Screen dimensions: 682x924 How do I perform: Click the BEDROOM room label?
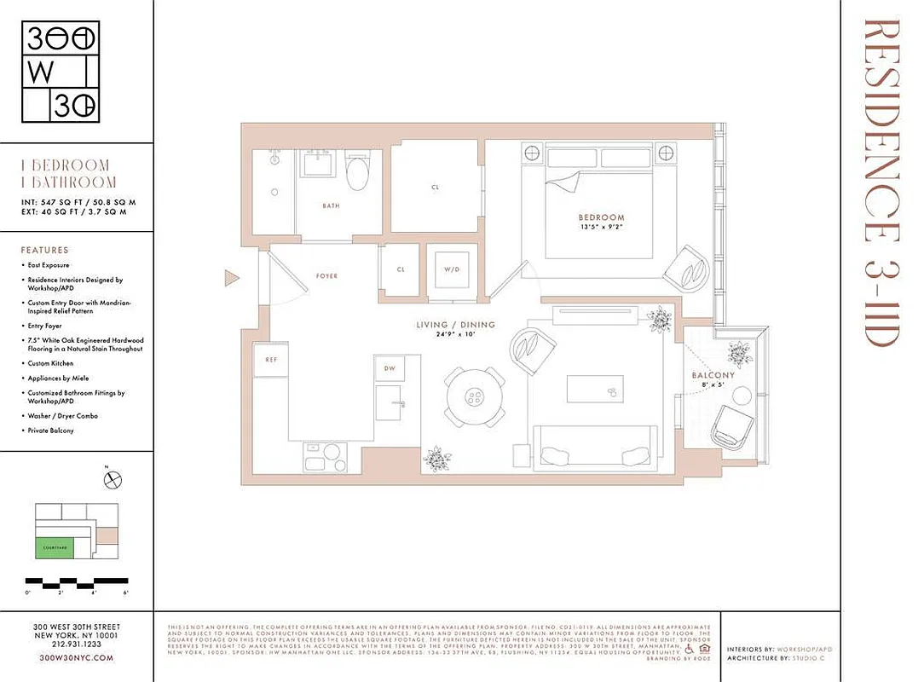[600, 217]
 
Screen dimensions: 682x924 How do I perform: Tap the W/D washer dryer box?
[451, 270]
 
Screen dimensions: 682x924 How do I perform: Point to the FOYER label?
[326, 276]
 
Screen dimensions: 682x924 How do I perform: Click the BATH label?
[331, 206]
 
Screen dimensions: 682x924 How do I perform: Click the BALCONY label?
[713, 374]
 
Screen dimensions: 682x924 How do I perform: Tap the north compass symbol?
[113, 481]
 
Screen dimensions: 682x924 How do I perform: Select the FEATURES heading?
[44, 251]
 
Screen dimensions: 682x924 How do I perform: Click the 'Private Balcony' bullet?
[50, 431]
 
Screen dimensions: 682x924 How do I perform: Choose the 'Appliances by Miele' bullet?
[58, 378]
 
